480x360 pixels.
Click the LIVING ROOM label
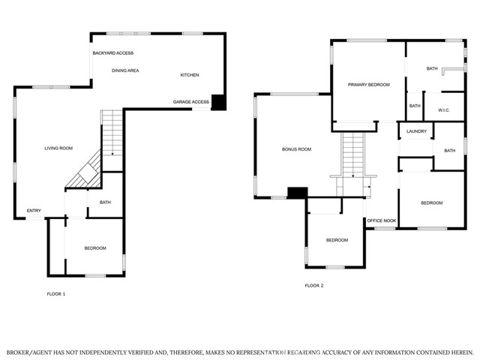pos(58,148)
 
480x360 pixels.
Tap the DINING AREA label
pos(125,70)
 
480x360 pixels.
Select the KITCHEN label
pos(190,75)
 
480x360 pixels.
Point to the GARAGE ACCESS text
pos(191,102)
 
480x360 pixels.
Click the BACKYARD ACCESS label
pos(113,53)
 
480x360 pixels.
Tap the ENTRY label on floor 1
pos(34,211)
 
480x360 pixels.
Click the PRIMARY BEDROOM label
pos(369,85)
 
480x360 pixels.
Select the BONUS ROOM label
pos(296,149)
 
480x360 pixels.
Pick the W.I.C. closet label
pos(444,110)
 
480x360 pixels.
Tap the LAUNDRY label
pos(416,131)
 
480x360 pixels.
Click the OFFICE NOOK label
pos(382,220)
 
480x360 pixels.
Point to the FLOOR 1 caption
pos(56,294)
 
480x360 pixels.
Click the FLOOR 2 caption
pos(314,286)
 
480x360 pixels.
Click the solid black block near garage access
pos(219,102)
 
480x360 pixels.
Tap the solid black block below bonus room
pos(298,193)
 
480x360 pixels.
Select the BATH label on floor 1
pos(105,202)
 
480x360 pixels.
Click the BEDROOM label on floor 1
pos(95,248)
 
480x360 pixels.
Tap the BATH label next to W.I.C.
pos(415,106)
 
